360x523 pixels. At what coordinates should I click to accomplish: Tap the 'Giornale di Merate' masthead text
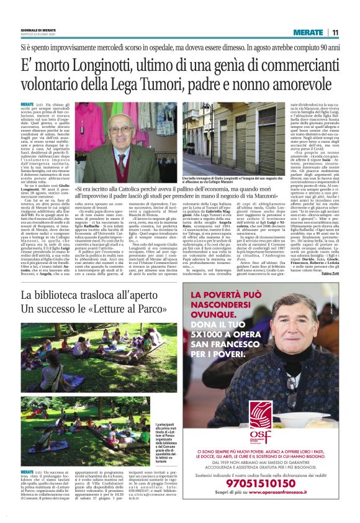point(37,31)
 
